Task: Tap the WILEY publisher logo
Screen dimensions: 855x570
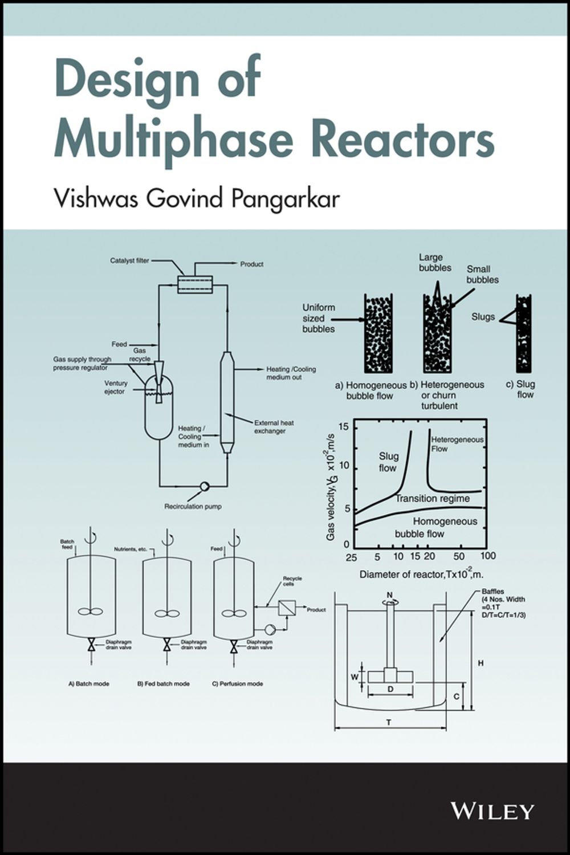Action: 492,811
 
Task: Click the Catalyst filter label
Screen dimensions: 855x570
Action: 130,261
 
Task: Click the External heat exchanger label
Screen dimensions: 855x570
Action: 275,427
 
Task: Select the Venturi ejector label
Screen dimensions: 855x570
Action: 116,388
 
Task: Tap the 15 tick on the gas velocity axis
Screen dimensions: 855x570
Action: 343,426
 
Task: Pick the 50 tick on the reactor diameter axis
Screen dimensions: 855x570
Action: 459,556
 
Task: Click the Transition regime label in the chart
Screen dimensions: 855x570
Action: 433,498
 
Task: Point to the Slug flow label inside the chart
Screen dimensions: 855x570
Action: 388,462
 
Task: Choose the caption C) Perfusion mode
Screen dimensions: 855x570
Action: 238,683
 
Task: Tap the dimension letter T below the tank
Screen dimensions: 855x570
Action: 389,723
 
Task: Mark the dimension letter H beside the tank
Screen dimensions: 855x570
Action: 481,663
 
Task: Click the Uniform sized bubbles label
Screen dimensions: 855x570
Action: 319,318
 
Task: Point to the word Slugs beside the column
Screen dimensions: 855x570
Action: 483,317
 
